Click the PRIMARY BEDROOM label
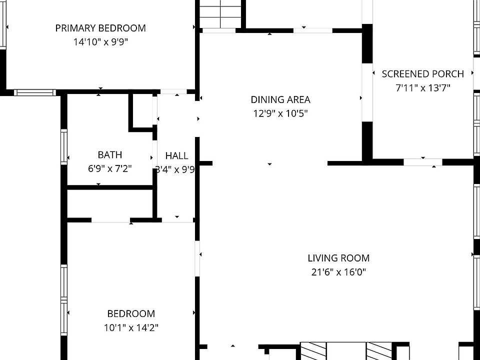click(x=100, y=28)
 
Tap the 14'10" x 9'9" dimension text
click(x=100, y=42)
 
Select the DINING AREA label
click(x=280, y=99)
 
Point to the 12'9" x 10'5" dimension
click(x=280, y=113)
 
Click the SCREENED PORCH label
click(x=422, y=74)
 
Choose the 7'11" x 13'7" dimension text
click(x=422, y=88)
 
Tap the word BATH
click(x=109, y=155)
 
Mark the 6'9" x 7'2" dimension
click(x=109, y=169)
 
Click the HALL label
click(x=176, y=156)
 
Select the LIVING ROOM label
click(x=338, y=258)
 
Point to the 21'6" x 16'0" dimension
click(x=338, y=272)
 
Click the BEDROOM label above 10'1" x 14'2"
click(x=131, y=313)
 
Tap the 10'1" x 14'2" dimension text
click(x=131, y=328)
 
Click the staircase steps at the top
click(x=220, y=14)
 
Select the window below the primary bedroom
click(x=34, y=92)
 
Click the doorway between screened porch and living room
click(x=422, y=161)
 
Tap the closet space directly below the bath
click(x=109, y=203)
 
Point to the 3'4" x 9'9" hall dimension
click(x=174, y=169)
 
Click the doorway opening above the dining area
click(x=312, y=30)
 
